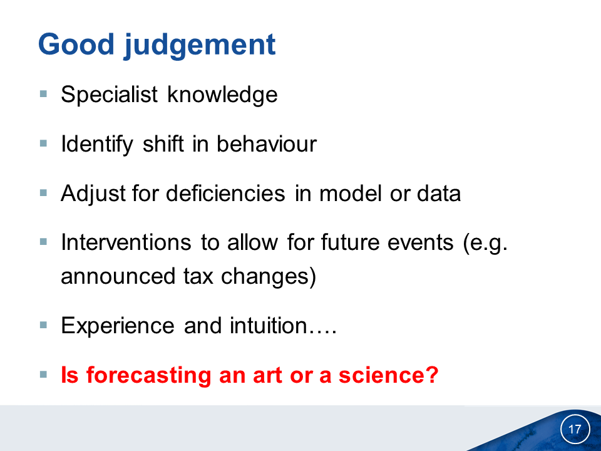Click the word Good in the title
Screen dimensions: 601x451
coord(76,44)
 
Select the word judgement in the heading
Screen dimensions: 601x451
coord(200,46)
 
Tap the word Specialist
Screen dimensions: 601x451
coord(109,94)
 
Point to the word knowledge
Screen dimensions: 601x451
coord(222,95)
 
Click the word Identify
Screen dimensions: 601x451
coord(97,144)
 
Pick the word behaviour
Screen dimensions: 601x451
coord(267,143)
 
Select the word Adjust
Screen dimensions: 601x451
coord(93,194)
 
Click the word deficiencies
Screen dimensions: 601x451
coord(225,193)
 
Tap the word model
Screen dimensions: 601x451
coord(350,193)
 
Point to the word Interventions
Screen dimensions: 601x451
coord(126,242)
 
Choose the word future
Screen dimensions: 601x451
coord(349,242)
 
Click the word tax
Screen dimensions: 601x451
coord(198,276)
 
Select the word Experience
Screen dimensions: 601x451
coord(118,326)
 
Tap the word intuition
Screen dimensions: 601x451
coord(269,325)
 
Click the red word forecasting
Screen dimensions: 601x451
coord(149,375)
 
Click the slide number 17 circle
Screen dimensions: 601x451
coord(575,428)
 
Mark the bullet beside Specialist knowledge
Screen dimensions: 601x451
coord(43,93)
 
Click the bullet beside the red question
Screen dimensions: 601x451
coord(43,375)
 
